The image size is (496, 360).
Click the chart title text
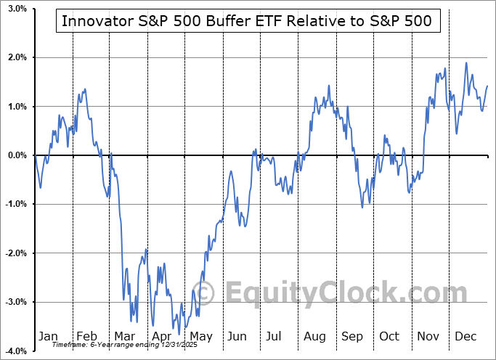(x=247, y=21)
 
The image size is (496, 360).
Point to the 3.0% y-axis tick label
(x=16, y=9)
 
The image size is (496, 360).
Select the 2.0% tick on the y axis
(x=16, y=57)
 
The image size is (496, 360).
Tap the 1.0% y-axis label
(x=16, y=107)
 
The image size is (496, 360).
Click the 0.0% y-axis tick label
(x=16, y=155)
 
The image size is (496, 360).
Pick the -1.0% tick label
(x=15, y=204)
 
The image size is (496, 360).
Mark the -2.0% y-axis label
(x=15, y=253)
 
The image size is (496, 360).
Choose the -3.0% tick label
(x=15, y=302)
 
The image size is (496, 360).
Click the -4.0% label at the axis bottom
(x=15, y=351)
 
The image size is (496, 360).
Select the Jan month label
(x=47, y=337)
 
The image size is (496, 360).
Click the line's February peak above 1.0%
(x=85, y=89)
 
